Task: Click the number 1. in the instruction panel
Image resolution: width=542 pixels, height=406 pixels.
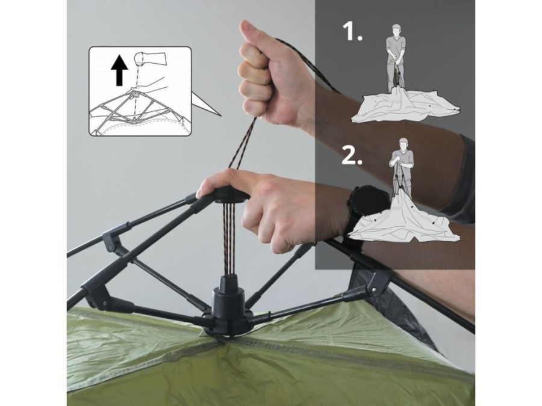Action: click(352, 31)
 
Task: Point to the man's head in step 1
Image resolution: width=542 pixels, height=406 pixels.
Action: click(396, 29)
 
